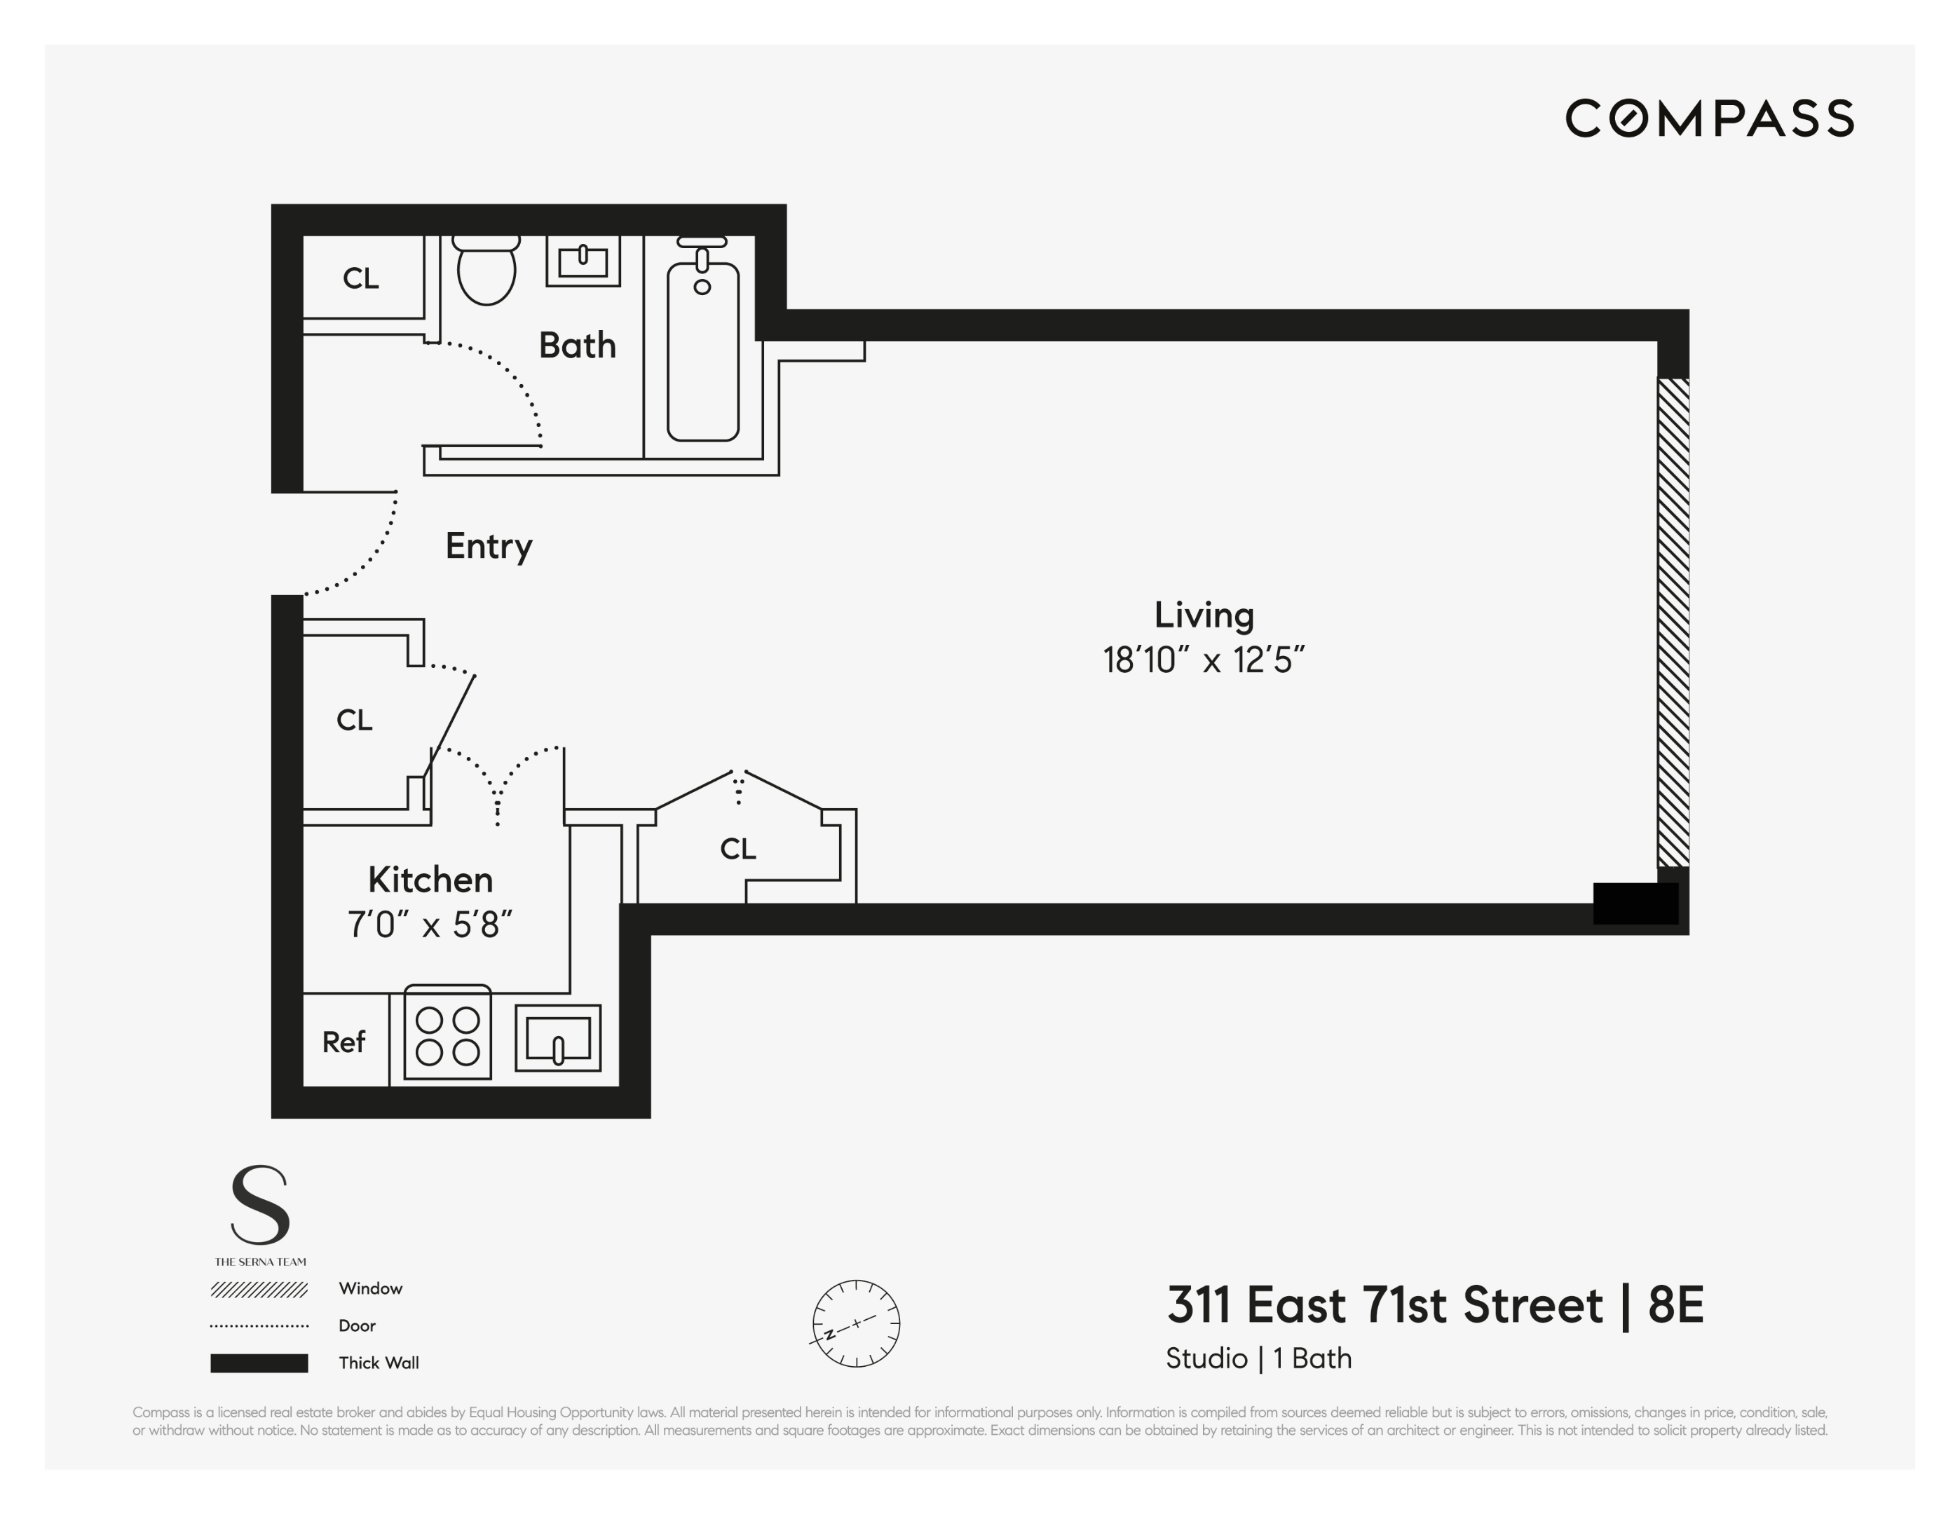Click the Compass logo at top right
(1709, 118)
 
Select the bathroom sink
(583, 260)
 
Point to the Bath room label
(577, 346)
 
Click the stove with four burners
(447, 1034)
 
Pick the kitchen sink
(557, 1038)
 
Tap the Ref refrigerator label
(343, 1042)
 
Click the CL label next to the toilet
(361, 278)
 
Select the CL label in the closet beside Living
(737, 849)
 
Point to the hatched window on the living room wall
(1672, 621)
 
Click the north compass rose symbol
(856, 1323)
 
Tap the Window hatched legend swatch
(259, 1290)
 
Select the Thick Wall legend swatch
(259, 1363)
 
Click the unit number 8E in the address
(1675, 1305)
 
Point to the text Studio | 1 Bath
(1258, 1358)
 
